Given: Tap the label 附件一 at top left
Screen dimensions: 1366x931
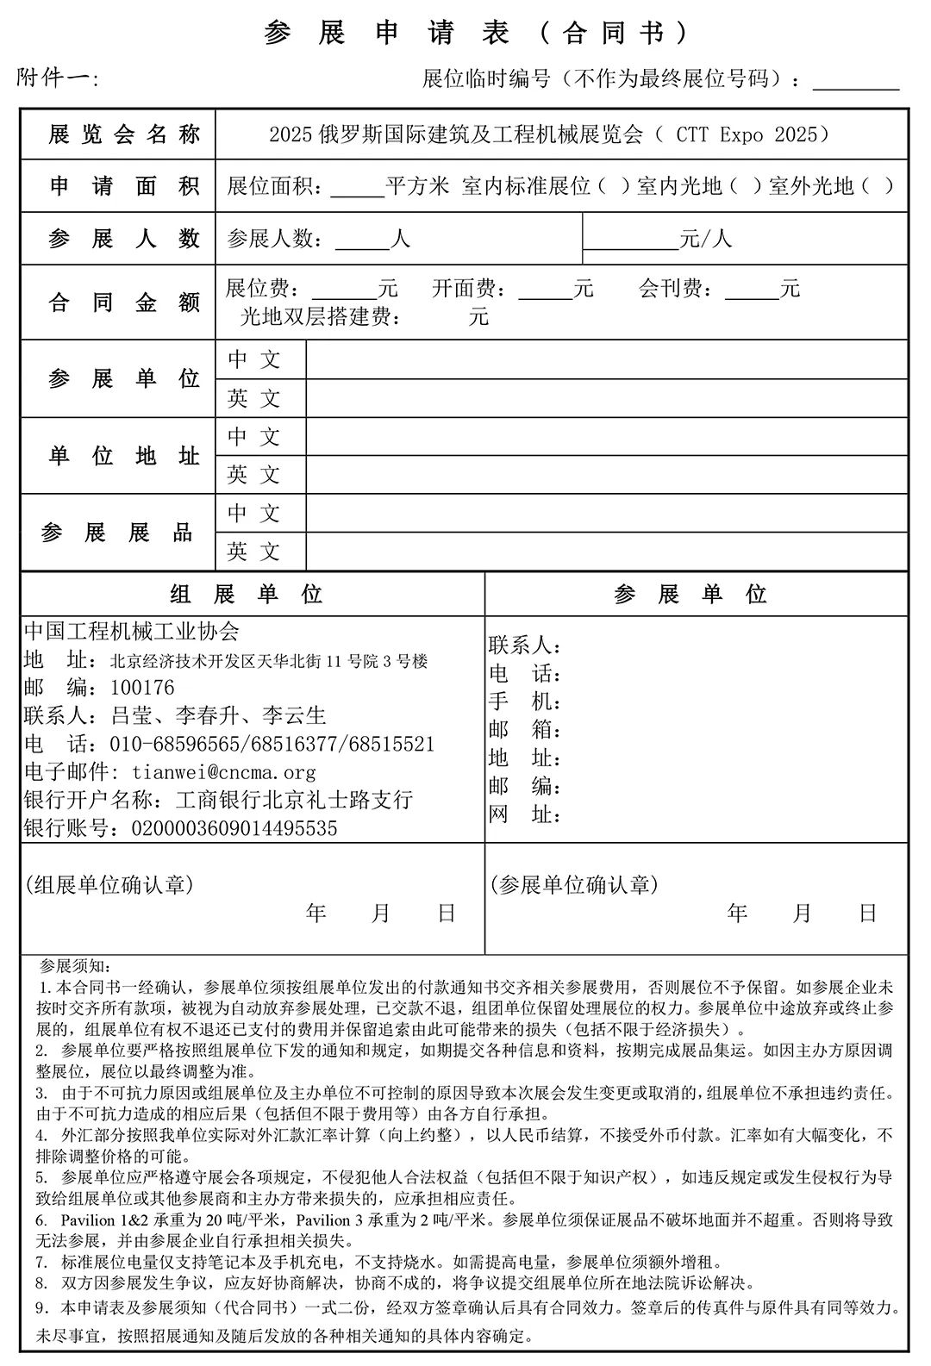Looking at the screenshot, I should (58, 78).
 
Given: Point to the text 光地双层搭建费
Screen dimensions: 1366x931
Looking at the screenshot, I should (320, 316).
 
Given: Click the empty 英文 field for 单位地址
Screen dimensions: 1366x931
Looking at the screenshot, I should (606, 475).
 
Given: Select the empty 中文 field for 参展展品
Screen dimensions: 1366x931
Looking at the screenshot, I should (606, 514).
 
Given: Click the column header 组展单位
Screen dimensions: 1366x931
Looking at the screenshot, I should (247, 594).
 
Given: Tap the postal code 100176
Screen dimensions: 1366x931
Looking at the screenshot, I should (142, 688).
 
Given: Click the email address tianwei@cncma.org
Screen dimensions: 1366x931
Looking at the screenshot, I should (224, 772).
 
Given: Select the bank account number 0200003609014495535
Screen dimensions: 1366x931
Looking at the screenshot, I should (234, 828).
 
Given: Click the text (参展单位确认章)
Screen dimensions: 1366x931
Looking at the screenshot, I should (574, 884).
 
